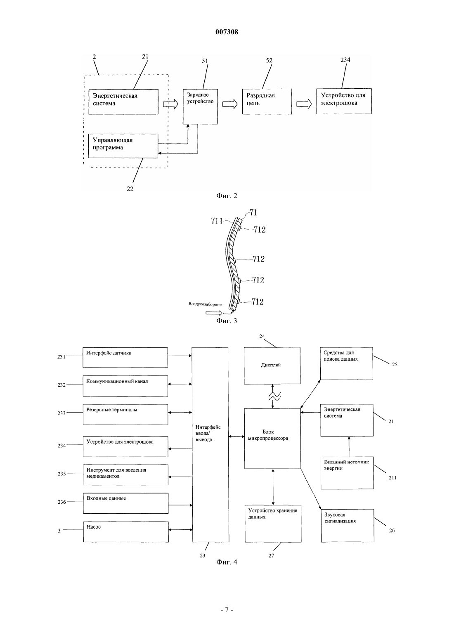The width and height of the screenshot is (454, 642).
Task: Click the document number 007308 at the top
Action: pos(227,32)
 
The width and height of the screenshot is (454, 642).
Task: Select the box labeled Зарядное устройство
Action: pos(200,106)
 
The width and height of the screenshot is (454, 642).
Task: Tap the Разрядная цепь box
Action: pos(267,101)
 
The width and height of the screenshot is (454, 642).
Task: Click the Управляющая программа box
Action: pos(123,146)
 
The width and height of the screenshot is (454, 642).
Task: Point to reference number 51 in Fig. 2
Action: pos(205,61)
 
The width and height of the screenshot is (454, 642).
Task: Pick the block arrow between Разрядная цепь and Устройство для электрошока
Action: pos(304,104)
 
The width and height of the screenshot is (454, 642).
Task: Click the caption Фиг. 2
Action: pos(227,196)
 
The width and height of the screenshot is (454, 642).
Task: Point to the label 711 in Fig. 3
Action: pos(217,221)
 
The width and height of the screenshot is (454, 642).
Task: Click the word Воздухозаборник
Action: pos(205,304)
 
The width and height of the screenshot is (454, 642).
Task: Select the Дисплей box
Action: pos(272,366)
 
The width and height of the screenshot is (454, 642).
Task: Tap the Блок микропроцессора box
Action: pos(272,439)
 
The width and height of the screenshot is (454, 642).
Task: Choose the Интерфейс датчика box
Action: pos(125,357)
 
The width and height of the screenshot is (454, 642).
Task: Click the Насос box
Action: pos(126,532)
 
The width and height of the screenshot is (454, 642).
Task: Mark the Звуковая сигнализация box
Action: pos(348,525)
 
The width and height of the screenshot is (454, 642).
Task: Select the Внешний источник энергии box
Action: pos(347,472)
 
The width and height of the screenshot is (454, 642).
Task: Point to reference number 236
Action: pos(62,502)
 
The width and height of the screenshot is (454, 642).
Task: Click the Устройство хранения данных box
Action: pos(273,523)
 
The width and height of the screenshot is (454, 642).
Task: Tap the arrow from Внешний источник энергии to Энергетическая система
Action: pos(349,446)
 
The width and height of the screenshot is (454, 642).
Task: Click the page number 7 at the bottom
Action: pos(227,609)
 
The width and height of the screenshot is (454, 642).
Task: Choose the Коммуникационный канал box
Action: pos(125,386)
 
